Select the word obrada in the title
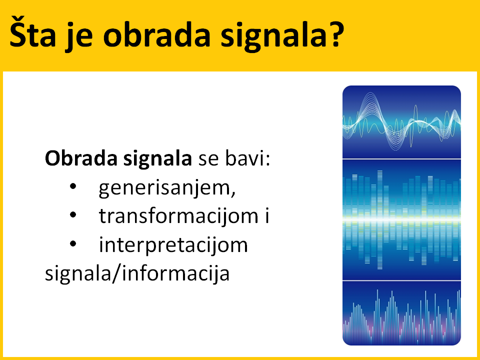[x=156, y=34]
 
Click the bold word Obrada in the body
[x=81, y=158]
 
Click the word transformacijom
[x=178, y=215]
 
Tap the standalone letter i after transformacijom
[x=267, y=215]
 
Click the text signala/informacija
[x=137, y=272]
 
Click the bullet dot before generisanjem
[x=73, y=186]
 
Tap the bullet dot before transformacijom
[x=73, y=215]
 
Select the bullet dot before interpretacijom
[x=73, y=243]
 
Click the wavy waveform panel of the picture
[x=401, y=122]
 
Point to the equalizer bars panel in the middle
[x=401, y=220]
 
